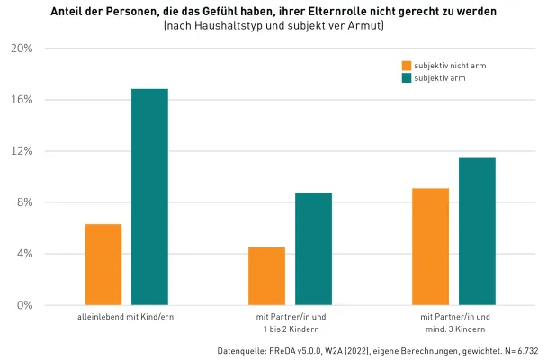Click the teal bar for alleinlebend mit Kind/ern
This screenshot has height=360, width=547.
pos(149,197)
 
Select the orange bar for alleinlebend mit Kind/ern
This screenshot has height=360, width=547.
pos(103,265)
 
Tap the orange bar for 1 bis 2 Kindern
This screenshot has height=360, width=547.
pos(266,276)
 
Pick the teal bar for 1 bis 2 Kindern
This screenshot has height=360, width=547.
pos(313,249)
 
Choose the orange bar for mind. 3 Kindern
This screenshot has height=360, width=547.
pos(430,247)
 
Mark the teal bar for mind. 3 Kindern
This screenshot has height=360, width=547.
pos(477,231)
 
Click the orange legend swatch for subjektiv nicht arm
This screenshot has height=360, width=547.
pos(406,66)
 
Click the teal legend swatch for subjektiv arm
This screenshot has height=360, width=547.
pos(406,78)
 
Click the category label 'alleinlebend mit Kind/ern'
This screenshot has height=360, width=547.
pos(126,318)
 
